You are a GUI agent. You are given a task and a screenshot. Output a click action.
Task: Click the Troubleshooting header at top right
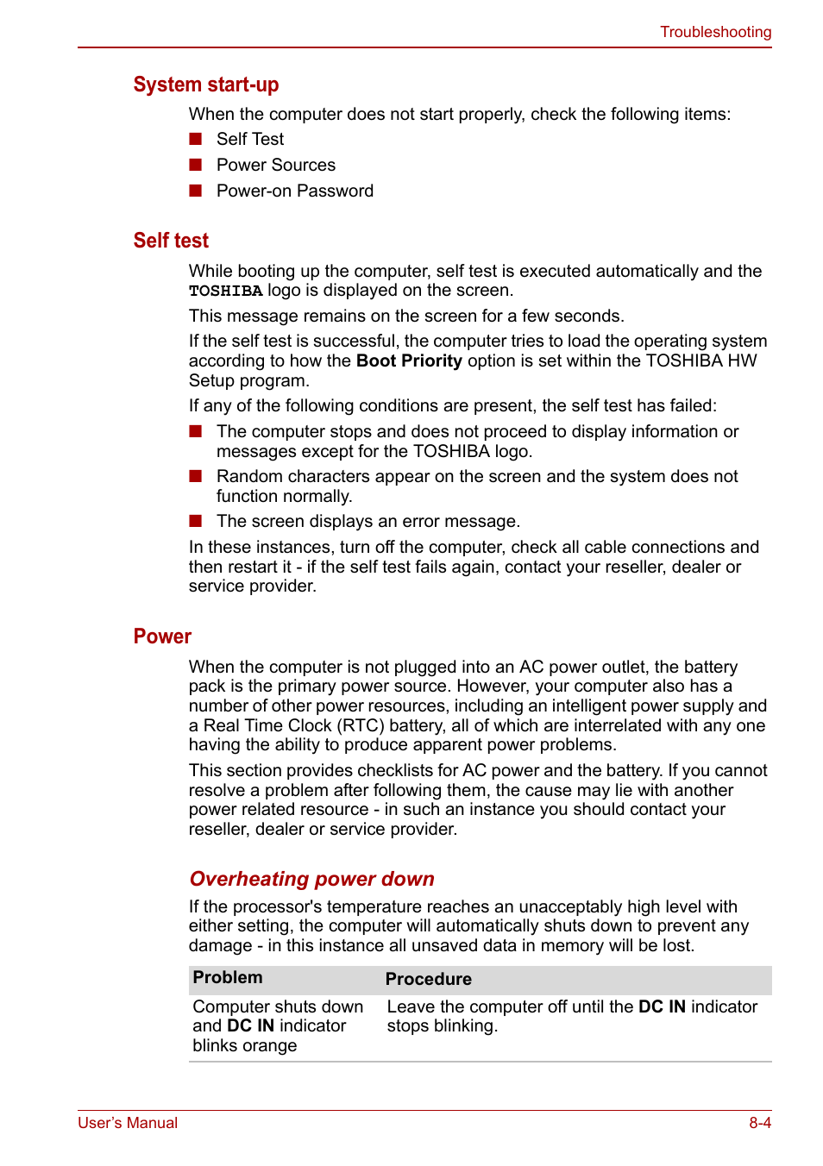point(715,32)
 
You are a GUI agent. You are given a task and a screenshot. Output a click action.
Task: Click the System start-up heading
point(205,85)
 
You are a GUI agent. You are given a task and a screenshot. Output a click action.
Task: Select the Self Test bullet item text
point(249,139)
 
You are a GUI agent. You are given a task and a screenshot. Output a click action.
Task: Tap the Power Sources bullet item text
point(275,165)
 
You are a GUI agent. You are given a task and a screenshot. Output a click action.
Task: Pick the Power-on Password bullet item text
point(294,191)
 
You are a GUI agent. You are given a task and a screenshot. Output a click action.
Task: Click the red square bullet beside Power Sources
point(196,165)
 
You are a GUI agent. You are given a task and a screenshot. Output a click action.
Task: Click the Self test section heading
point(171,241)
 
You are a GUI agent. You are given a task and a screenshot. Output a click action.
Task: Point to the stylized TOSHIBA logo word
point(225,291)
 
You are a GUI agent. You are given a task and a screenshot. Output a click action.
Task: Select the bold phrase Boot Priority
point(409,360)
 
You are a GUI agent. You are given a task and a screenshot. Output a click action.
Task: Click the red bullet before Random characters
point(196,476)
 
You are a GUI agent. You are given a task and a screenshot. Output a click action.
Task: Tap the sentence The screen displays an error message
point(368,521)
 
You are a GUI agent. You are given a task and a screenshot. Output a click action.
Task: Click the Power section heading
point(162,636)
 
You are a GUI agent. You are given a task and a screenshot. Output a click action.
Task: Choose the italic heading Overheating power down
point(311,879)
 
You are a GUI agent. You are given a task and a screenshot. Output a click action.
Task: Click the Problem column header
point(228,978)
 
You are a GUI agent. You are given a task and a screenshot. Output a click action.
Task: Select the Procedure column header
point(428,979)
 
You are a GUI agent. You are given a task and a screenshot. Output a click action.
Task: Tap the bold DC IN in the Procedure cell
point(662,1006)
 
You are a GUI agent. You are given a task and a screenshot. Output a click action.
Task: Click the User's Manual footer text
point(128,1123)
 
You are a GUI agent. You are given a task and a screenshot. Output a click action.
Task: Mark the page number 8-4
point(759,1123)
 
